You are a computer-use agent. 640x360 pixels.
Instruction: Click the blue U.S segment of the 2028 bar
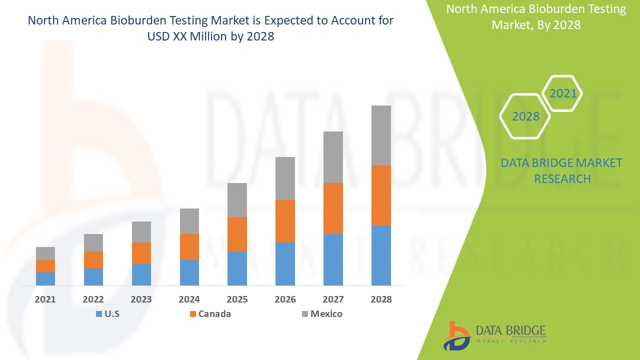point(380,255)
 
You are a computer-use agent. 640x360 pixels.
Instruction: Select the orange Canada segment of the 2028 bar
point(380,195)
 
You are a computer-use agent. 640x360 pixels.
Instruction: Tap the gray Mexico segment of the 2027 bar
point(333,157)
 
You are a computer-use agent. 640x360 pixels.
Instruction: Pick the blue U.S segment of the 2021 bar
point(45,278)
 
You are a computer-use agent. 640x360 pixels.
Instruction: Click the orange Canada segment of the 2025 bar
point(237,234)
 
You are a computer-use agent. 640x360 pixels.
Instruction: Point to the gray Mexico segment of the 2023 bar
point(141,232)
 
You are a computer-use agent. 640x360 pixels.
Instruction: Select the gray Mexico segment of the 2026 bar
point(285,178)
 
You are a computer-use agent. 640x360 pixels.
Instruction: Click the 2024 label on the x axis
point(189,299)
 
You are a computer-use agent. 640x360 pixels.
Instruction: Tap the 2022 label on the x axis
point(93,299)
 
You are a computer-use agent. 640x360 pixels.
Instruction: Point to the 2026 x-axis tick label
point(285,299)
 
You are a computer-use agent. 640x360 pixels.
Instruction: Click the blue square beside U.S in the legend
point(98,314)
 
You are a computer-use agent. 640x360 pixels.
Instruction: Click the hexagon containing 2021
point(562,93)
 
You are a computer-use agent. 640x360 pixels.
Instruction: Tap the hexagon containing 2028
point(525,116)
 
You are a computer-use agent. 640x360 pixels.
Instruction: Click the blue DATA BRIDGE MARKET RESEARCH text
point(562,170)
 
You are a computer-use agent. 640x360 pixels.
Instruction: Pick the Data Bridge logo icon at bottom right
point(456,335)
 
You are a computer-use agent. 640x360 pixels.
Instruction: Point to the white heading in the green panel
point(535,16)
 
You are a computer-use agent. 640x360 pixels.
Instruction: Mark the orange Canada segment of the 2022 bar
point(93,259)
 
